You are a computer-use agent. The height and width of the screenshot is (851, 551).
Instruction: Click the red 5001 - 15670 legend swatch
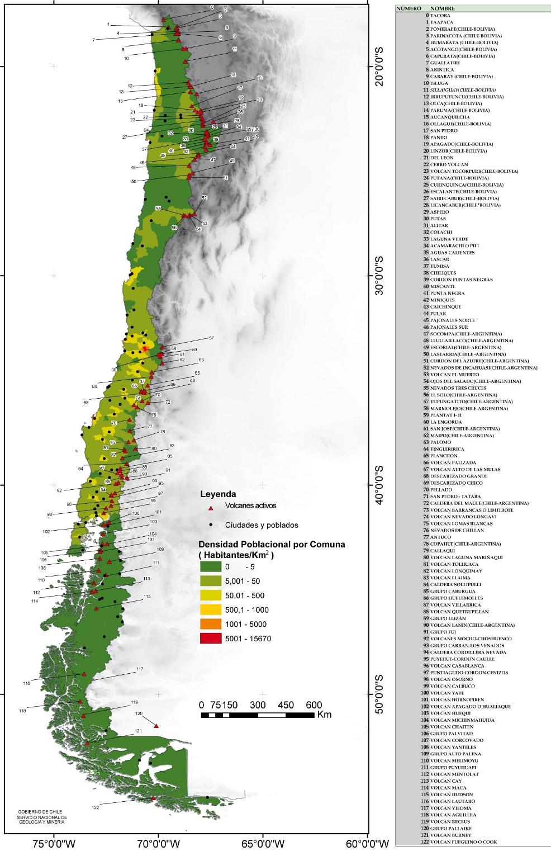tap(211, 639)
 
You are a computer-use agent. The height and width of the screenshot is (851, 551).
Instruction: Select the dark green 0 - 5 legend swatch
tap(211, 566)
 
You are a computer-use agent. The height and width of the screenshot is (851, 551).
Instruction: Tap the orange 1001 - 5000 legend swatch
tap(211, 624)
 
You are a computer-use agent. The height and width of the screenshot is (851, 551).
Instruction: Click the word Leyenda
tap(218, 494)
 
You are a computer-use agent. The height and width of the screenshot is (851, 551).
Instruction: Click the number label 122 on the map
tap(96, 807)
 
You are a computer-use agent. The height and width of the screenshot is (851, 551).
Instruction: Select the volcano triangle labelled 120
tap(156, 726)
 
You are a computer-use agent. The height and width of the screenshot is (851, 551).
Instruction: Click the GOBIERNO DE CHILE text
tap(40, 811)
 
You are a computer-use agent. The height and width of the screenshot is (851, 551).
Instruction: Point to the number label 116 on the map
tap(26, 683)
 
